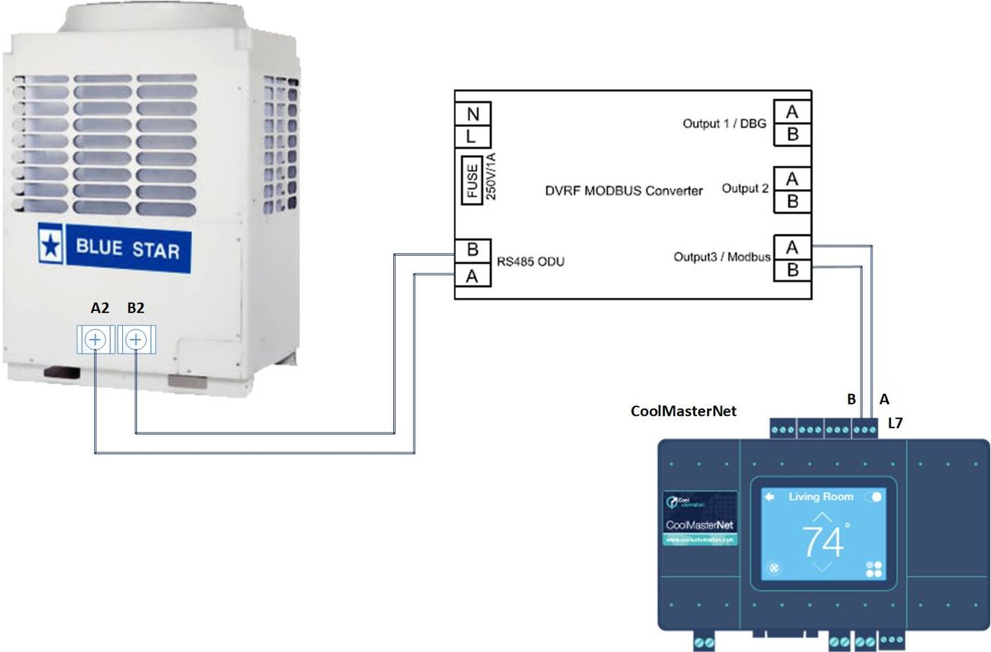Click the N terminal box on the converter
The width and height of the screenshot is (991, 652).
(473, 113)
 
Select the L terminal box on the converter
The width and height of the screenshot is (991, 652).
(473, 135)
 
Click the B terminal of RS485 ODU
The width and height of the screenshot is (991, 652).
(473, 250)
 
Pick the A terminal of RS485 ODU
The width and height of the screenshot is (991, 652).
(473, 276)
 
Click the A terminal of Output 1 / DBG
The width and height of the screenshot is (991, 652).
(792, 111)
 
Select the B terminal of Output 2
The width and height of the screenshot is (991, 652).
(792, 201)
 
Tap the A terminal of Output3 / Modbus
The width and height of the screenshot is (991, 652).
(792, 247)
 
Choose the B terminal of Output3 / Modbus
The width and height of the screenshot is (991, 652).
(792, 269)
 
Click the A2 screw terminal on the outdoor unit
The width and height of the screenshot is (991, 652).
(96, 339)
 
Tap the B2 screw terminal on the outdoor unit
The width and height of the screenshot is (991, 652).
(137, 339)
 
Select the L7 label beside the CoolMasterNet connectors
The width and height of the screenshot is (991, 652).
(897, 423)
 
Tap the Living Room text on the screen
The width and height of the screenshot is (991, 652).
(821, 497)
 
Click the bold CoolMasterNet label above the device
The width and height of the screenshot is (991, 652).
(683, 410)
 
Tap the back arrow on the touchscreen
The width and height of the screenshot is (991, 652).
(770, 497)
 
